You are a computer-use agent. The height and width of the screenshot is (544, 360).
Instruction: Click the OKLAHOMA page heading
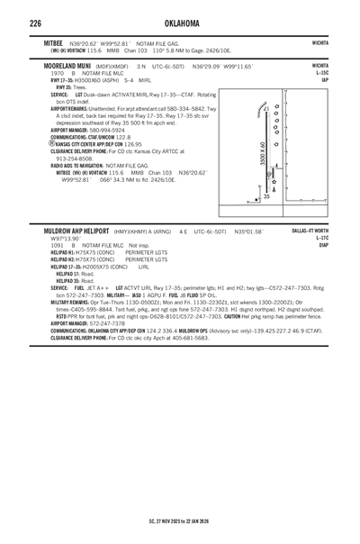pyautogui.click(x=179, y=22)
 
